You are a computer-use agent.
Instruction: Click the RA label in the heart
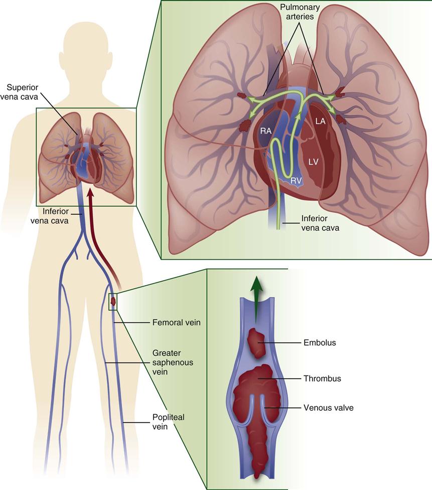[x=266, y=132]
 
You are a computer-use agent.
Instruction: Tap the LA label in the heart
[x=321, y=121]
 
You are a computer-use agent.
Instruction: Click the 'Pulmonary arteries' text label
[x=297, y=12]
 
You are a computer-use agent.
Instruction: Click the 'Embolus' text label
[x=320, y=343]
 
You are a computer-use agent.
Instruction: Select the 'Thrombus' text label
[x=322, y=379]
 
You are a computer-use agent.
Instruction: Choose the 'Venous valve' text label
[x=329, y=408]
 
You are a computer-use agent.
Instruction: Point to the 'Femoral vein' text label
[x=176, y=323]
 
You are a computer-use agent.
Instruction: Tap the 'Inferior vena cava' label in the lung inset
[x=320, y=223]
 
